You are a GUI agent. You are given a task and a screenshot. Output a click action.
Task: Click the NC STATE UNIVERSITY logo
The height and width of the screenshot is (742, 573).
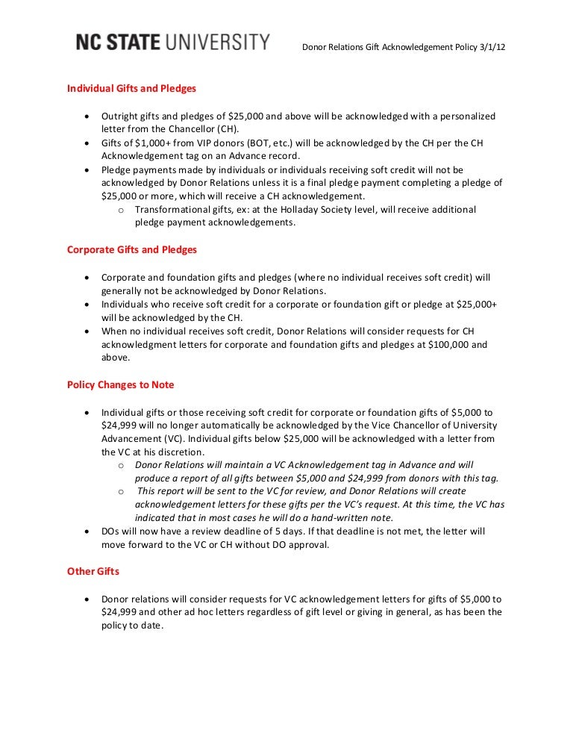[172, 43]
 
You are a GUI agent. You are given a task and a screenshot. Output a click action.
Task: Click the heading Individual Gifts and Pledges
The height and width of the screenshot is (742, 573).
[131, 88]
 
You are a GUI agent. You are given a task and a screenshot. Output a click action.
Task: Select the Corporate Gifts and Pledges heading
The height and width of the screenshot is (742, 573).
[132, 249]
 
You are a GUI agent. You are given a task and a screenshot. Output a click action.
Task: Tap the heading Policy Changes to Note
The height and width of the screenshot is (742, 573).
[121, 384]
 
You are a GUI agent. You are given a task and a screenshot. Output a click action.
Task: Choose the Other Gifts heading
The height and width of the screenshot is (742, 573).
[93, 572]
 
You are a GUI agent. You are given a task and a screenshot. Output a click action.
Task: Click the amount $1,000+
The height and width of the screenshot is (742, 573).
[143, 143]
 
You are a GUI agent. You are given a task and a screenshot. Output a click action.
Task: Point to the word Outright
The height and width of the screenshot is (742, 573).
[119, 116]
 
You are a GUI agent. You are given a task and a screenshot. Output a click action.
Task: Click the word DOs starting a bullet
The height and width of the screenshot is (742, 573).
[111, 531]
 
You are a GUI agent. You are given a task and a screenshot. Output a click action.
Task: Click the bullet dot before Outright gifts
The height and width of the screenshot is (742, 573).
[88, 117]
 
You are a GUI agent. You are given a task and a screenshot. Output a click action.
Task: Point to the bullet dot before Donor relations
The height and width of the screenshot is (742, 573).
[88, 599]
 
